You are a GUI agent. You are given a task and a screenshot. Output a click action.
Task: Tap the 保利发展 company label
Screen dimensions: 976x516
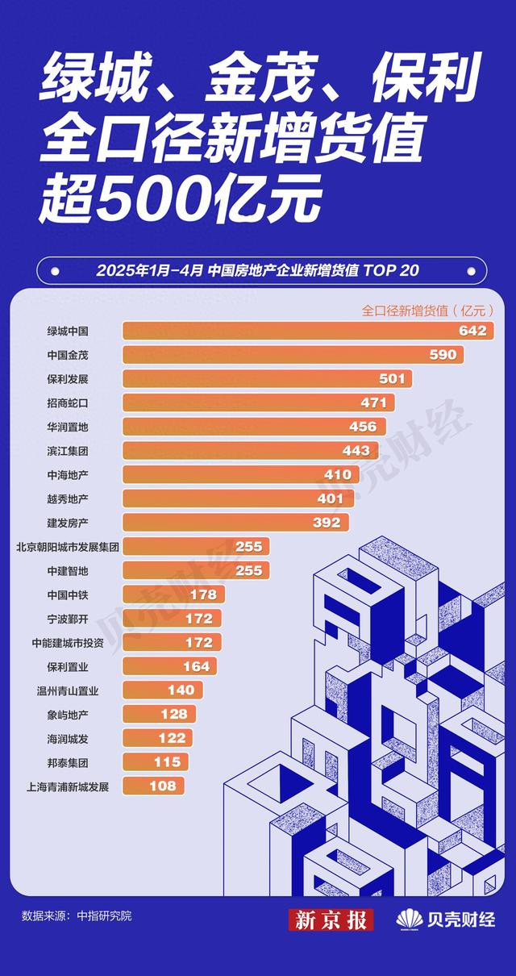point(67,378)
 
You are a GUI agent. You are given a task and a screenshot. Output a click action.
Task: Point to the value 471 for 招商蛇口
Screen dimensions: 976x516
point(372,402)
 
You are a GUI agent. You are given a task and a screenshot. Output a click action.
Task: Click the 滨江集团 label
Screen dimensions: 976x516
point(67,450)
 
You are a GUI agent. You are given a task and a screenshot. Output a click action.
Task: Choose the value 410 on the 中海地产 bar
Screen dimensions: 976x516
point(338,474)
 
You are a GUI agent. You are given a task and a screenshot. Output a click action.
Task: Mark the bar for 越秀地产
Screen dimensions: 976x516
point(226,498)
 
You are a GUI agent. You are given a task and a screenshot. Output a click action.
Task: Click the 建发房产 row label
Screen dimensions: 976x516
point(67,522)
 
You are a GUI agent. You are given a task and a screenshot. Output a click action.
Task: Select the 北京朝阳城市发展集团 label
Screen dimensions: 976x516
point(68,547)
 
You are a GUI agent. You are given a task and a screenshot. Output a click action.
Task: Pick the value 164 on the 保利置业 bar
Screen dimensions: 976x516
point(196,666)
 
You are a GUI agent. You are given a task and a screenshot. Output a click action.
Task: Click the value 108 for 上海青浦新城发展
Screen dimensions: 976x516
point(162,786)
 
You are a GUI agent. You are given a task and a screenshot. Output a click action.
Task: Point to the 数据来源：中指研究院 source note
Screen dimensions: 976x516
point(77,916)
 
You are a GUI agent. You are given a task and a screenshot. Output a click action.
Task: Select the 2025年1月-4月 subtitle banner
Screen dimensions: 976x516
point(257,270)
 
